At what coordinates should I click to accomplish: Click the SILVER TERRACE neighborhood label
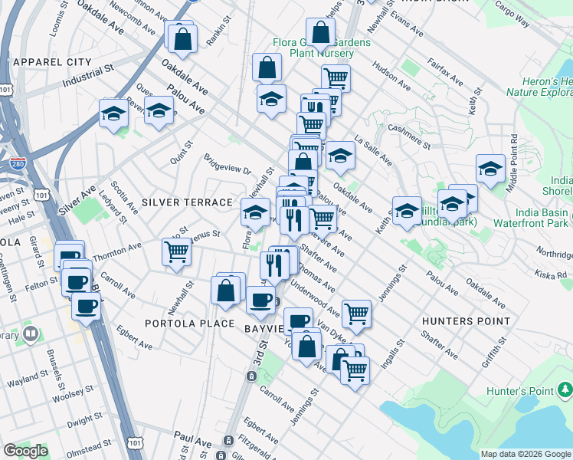click(x=187, y=202)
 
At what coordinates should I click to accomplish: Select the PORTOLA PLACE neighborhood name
click(x=189, y=324)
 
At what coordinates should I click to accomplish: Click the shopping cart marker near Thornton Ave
click(x=177, y=251)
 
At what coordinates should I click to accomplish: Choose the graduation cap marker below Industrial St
click(x=114, y=113)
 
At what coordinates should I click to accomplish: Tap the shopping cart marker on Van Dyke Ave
click(x=356, y=312)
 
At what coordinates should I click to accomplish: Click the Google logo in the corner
click(x=25, y=451)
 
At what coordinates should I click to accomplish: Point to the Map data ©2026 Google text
click(x=525, y=454)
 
